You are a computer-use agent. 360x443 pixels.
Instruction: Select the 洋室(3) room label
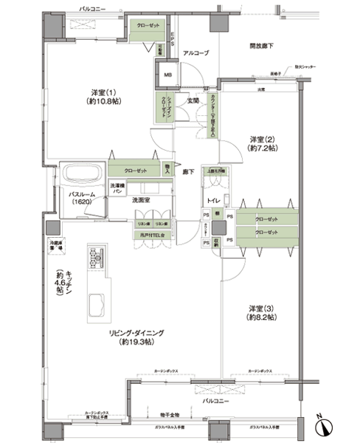261,311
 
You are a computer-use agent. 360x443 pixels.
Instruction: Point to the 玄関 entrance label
193,100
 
